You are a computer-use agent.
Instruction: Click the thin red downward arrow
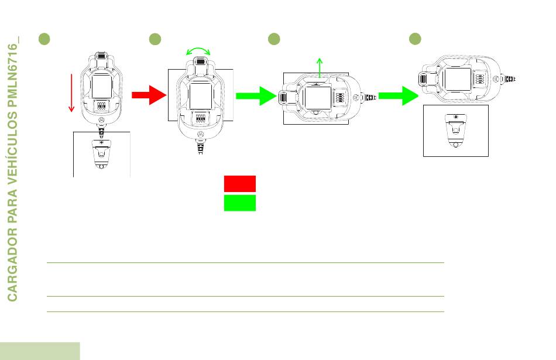[71, 93]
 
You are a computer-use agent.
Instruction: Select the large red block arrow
[149, 95]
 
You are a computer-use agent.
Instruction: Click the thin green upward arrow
[320, 67]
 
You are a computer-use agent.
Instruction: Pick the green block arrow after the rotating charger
[256, 96]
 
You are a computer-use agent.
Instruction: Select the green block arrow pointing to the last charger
[399, 96]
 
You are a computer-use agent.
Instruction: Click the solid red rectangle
[240, 184]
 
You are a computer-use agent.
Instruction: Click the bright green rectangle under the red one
[240, 203]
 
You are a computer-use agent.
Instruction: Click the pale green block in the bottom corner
[40, 351]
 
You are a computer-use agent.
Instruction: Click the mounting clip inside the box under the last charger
[456, 131]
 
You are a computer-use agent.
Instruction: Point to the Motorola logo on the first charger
[101, 120]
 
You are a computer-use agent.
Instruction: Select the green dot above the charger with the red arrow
[44, 39]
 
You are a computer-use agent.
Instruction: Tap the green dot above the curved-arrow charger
[155, 39]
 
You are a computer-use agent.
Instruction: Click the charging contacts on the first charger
[101, 106]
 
